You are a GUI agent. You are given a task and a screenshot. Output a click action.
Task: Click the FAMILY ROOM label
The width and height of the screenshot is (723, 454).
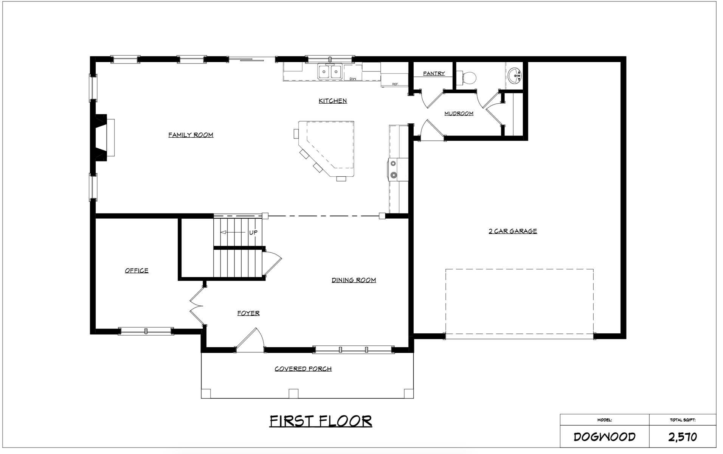click(x=191, y=135)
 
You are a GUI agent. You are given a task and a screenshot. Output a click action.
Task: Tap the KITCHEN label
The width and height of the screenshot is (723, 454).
click(x=332, y=101)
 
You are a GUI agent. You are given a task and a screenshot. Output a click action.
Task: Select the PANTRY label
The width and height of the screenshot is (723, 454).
click(x=434, y=73)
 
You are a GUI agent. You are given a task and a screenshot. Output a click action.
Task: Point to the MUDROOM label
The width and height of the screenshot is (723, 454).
click(x=459, y=113)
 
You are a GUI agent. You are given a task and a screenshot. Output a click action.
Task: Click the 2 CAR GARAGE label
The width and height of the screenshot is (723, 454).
click(x=512, y=231)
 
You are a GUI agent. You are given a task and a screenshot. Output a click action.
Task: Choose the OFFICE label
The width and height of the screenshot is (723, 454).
click(x=137, y=270)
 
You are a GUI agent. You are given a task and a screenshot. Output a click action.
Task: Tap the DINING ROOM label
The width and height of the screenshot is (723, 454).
click(x=354, y=280)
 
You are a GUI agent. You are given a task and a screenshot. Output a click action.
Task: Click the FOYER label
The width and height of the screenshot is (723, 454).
click(x=248, y=313)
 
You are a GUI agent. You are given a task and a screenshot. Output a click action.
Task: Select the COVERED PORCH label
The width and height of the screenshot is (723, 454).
click(x=303, y=368)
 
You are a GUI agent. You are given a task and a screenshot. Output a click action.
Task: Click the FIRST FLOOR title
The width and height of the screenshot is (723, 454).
click(x=320, y=421)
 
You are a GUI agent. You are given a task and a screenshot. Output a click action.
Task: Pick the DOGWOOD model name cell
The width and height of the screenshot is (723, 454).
click(x=604, y=437)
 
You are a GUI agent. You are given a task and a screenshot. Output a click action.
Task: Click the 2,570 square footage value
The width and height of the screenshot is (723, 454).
click(x=682, y=437)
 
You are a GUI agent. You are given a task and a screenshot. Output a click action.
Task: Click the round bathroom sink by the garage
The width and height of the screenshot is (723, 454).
click(x=515, y=75)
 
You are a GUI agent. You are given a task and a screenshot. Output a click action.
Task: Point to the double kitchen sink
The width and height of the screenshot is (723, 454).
click(x=330, y=72)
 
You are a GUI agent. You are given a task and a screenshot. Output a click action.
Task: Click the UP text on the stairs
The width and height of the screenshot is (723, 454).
click(x=253, y=232)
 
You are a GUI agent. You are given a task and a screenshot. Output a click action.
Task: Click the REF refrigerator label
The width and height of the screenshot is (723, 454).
click(x=395, y=84)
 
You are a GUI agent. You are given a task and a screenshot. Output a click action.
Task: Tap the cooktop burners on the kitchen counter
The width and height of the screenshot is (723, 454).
click(x=393, y=169)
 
